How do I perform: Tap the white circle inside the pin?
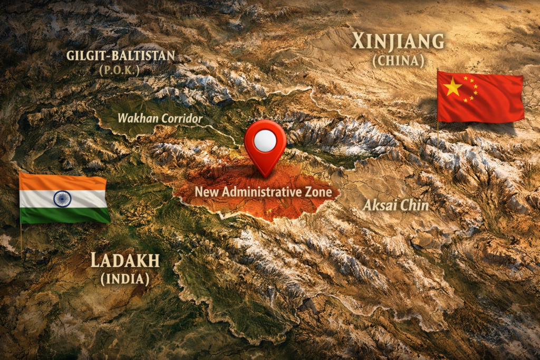tap(265, 140)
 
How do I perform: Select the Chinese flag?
tap(480, 98)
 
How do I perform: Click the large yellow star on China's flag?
tap(452, 87)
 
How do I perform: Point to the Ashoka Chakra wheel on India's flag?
tap(62, 199)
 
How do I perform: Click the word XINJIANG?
tap(398, 41)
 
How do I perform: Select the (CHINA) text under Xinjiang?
tap(398, 61)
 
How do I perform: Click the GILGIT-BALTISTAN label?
tap(120, 55)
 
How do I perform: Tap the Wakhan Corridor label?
tap(160, 119)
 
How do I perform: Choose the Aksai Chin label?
tap(396, 206)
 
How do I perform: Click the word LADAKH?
tap(125, 260)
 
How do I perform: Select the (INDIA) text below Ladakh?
tap(125, 278)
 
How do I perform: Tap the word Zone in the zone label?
tap(319, 192)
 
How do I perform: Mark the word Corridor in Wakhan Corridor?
tap(181, 119)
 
